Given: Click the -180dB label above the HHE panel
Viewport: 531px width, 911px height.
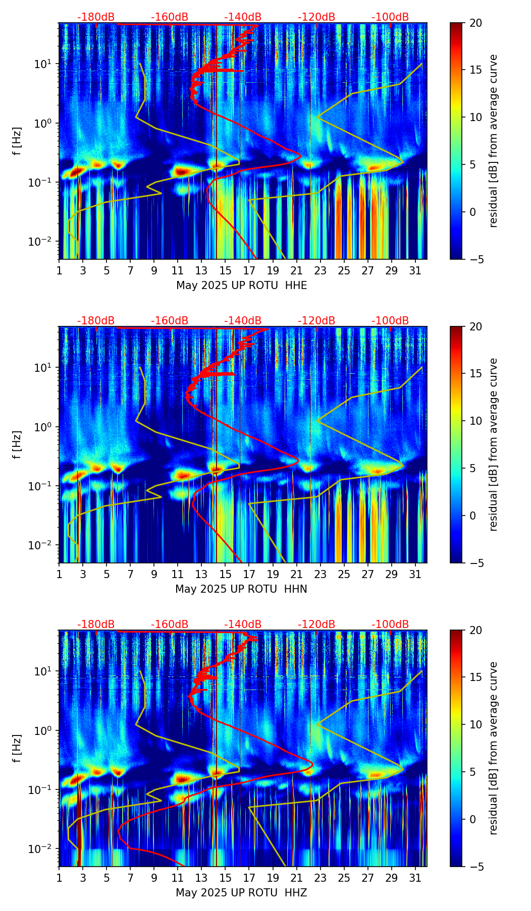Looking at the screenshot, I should click(96, 17).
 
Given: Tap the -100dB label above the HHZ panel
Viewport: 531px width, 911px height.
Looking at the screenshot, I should click(390, 624).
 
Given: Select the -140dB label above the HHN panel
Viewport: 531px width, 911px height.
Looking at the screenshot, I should click(243, 321).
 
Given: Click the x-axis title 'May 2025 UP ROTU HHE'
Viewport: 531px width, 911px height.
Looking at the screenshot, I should click(241, 286).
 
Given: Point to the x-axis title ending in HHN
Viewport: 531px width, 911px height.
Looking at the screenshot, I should click(241, 589).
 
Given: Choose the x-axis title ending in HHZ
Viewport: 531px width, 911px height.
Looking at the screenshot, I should click(241, 893).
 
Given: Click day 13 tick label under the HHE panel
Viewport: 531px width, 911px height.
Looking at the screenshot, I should click(201, 271).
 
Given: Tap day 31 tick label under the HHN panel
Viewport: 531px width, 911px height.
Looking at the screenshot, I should click(415, 575).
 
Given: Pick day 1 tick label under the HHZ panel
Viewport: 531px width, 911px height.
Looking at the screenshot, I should click(59, 878).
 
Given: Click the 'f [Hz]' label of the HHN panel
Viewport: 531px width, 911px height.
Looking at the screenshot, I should click(17, 444).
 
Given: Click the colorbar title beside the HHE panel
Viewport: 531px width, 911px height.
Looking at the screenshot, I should click(493, 141).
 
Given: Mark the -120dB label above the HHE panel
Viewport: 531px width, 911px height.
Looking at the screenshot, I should click(316, 17).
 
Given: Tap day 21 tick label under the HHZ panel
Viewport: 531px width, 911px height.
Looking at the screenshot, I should click(296, 878).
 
